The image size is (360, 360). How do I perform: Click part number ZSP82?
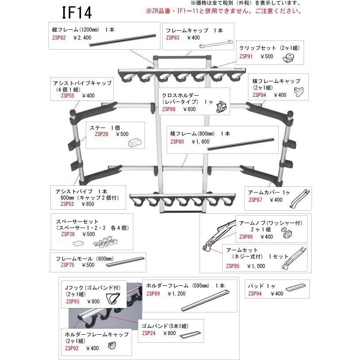[59, 38]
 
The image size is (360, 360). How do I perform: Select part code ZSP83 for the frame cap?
[172, 38]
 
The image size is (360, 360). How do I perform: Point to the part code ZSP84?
[259, 95]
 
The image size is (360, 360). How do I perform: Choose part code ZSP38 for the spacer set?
[68, 234]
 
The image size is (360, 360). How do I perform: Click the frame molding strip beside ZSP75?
[126, 262]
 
